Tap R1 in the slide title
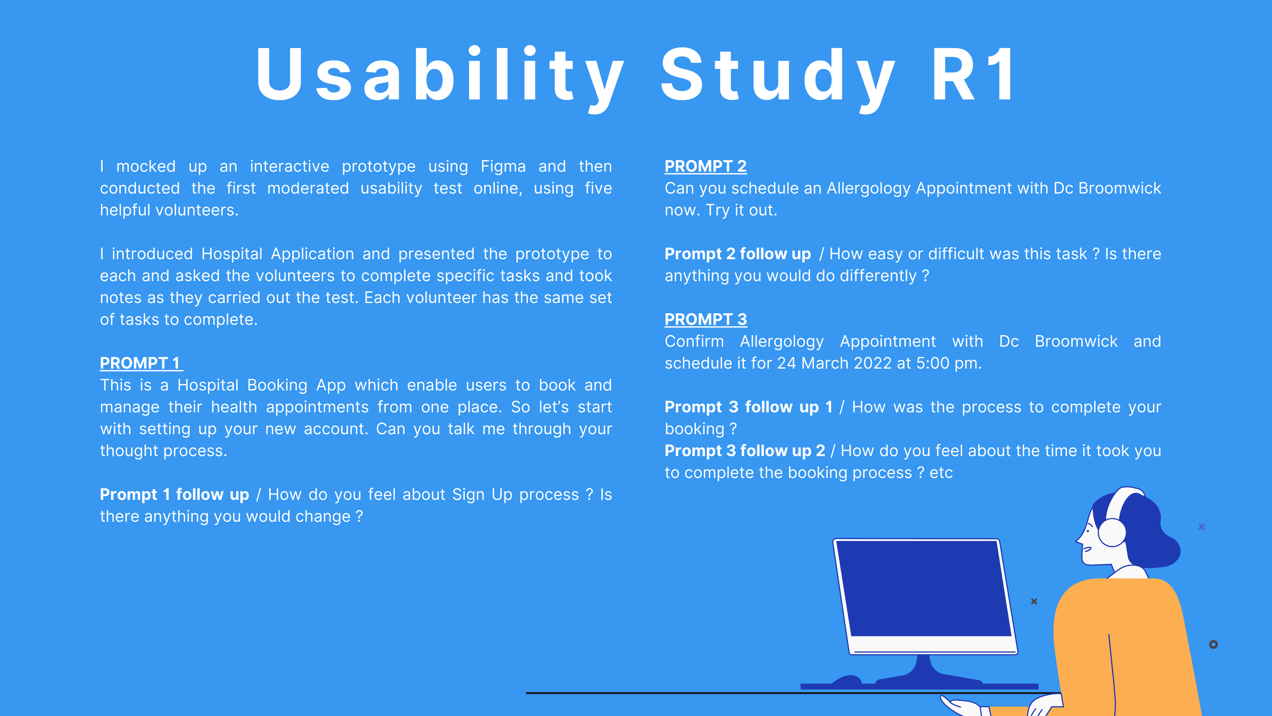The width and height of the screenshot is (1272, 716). (973, 74)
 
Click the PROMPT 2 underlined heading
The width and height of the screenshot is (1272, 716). (706, 166)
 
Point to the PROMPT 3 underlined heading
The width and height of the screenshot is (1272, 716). (706, 320)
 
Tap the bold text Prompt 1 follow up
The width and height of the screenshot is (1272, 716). (174, 495)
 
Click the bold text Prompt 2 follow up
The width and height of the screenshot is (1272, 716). (738, 254)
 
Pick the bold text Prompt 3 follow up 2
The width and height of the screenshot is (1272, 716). (745, 451)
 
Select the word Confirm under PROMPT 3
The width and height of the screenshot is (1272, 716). (694, 341)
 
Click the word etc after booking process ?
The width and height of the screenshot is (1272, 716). (941, 473)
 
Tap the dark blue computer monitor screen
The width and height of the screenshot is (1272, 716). (924, 588)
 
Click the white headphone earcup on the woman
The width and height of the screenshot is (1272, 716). (1112, 532)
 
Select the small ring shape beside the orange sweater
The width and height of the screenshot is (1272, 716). (1213, 644)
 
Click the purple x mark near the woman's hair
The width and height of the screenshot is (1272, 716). (1202, 527)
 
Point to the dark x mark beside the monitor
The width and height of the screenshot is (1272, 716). (1034, 601)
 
